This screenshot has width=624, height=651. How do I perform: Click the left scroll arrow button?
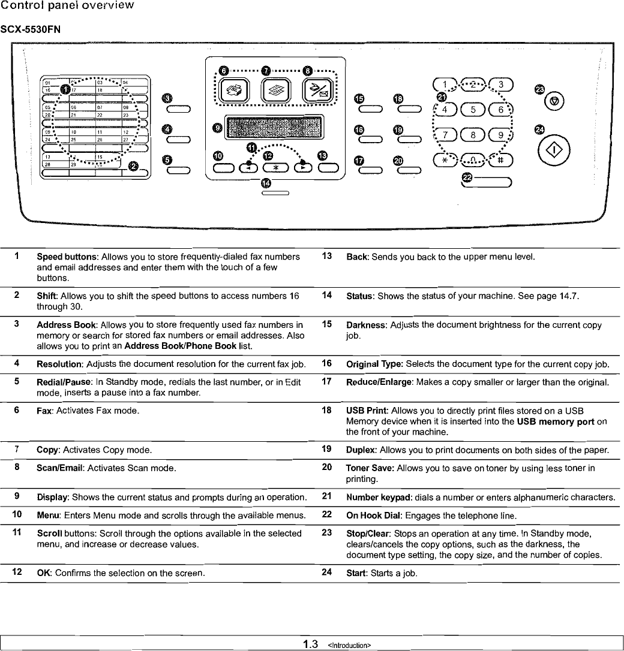click(x=247, y=168)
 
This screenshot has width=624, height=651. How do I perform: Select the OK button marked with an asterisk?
click(x=275, y=168)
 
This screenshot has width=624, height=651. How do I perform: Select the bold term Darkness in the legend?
click(x=367, y=324)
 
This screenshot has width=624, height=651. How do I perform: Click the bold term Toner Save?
click(x=370, y=468)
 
